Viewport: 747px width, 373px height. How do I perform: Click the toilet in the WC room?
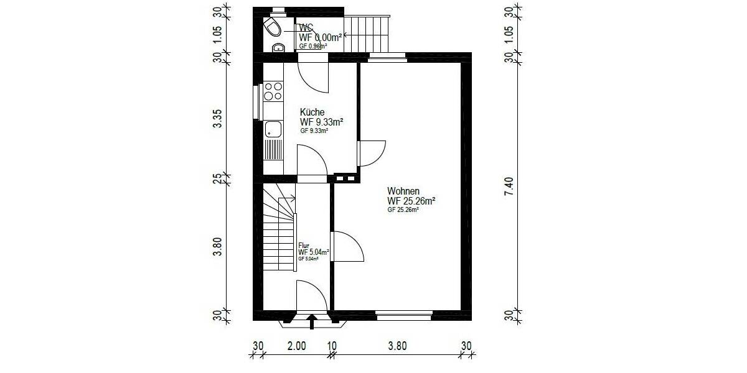tap(271, 27)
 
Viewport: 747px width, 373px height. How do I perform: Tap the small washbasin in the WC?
tap(278, 47)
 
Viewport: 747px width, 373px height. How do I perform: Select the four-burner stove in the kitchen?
tap(273, 91)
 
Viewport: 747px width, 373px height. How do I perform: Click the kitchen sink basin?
tap(273, 129)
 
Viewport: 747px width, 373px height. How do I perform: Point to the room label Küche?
tap(312, 112)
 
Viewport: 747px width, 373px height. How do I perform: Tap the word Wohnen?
tap(403, 191)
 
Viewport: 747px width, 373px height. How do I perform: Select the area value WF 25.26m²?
tap(411, 201)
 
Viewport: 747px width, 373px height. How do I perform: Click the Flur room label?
tap(304, 246)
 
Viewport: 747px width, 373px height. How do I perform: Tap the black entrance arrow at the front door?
tap(312, 321)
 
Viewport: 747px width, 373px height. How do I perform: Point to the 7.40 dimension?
tap(509, 186)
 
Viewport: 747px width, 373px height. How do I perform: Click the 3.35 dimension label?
tap(217, 118)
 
